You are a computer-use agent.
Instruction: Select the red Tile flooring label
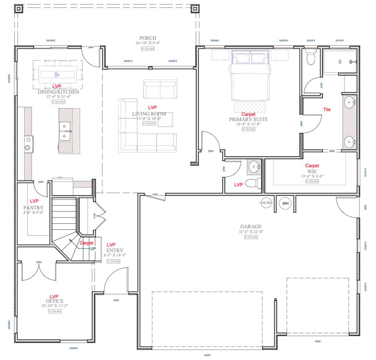[327, 110]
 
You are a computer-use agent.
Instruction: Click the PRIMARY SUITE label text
[248, 119]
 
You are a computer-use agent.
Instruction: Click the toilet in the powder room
[252, 183]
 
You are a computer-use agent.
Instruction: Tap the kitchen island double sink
[65, 131]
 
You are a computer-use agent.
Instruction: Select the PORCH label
[148, 38]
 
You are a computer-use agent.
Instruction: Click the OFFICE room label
[55, 301]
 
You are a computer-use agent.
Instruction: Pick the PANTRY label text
[33, 208]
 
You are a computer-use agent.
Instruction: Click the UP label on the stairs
[93, 248]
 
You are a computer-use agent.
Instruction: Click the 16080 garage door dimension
[207, 355]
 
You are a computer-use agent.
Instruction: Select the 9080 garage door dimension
[318, 341]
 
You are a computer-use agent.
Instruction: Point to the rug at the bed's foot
[249, 107]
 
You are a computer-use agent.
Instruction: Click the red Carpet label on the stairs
[87, 243]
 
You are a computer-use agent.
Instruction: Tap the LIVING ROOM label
[149, 114]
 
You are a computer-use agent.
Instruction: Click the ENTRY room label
[112, 250]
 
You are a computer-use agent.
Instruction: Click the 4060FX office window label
[73, 348]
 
